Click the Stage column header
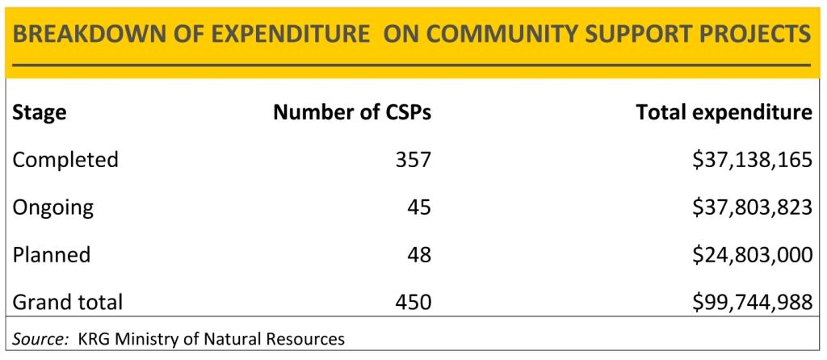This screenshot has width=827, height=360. (x=39, y=113)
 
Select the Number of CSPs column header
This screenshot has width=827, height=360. (x=351, y=113)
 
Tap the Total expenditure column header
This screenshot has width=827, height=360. (x=724, y=113)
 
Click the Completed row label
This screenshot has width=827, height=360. (x=65, y=160)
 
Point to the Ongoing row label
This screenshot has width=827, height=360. (x=52, y=207)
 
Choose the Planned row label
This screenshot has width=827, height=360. (x=51, y=255)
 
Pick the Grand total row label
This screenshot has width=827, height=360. (x=67, y=302)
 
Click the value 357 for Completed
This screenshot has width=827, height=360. (x=413, y=160)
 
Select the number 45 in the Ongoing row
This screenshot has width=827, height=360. (x=419, y=207)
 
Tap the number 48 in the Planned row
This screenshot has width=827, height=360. (x=419, y=255)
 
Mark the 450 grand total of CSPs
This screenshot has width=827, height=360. (x=413, y=302)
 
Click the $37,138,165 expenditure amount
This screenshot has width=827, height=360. (x=751, y=160)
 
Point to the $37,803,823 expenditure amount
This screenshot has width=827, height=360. (x=751, y=207)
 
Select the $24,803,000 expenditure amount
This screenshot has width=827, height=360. (x=751, y=255)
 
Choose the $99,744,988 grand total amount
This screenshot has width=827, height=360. (x=751, y=302)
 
